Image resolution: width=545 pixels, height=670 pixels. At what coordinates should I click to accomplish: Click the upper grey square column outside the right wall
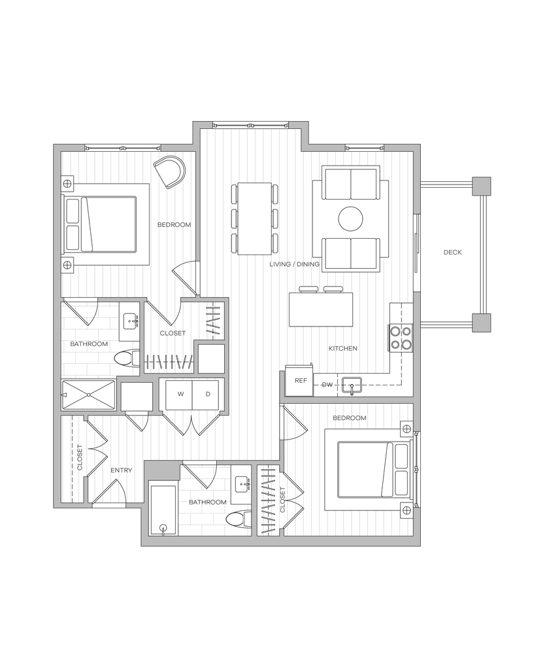482,186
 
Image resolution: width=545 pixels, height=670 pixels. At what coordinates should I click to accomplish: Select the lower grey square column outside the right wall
482,323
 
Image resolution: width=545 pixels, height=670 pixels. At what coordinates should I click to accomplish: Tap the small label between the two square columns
453,253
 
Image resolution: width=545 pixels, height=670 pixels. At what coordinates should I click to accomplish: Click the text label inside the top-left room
174,225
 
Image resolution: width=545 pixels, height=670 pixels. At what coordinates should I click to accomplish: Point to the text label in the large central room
294,264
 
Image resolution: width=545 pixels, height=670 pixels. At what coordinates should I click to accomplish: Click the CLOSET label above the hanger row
174,333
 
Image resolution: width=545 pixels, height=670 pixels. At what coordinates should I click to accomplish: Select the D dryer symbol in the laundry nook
208,394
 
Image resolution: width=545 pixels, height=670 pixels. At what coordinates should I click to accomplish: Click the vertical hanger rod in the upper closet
214,320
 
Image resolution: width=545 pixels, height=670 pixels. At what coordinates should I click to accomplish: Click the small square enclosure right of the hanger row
211,358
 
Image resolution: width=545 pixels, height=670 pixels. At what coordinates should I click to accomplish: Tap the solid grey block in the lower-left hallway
163,470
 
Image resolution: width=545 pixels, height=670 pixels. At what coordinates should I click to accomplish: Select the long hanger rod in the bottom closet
268,501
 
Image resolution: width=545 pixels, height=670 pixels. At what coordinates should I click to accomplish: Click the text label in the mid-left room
89,345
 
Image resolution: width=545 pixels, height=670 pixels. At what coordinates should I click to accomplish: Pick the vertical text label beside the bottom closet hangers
284,499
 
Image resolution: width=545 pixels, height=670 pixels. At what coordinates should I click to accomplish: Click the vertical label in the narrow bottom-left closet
80,457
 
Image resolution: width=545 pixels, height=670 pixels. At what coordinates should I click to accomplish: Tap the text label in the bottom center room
208,503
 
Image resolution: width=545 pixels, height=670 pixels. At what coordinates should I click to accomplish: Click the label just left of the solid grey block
122,470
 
